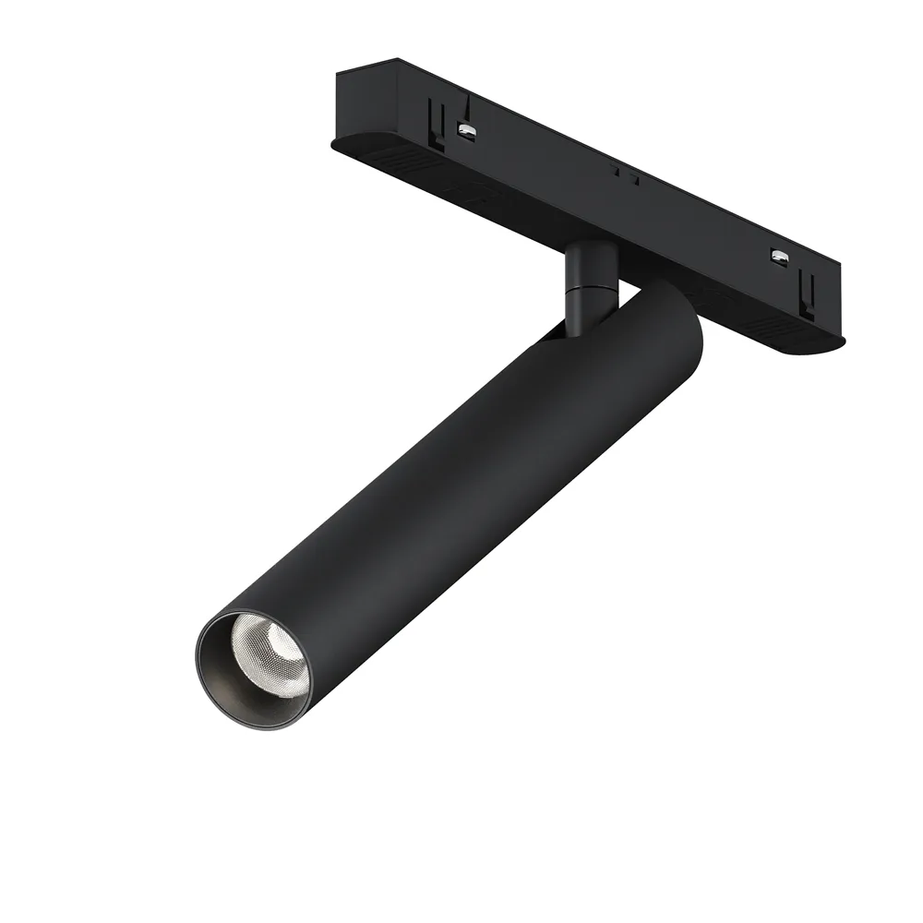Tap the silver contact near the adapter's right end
coord(780,258)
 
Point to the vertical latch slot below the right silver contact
coord(806,294)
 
